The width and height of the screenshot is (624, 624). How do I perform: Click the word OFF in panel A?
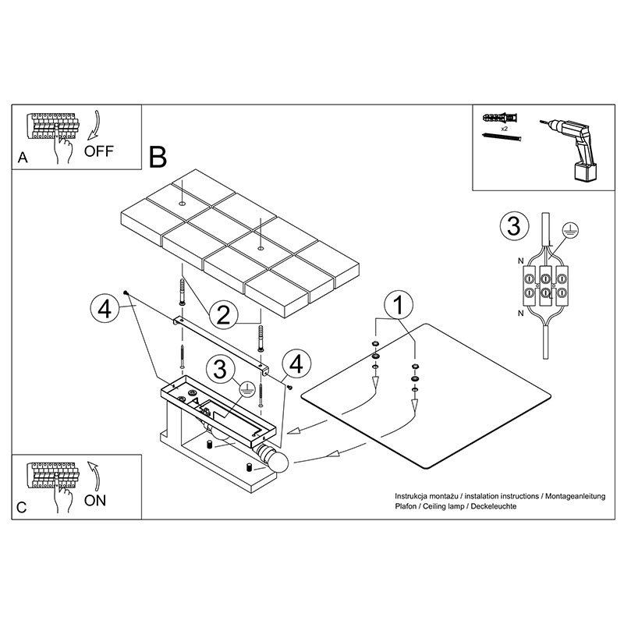99,151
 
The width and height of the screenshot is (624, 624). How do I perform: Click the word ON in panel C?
95,500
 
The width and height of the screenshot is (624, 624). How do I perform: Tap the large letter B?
158,158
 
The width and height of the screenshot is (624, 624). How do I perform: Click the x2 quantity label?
504,129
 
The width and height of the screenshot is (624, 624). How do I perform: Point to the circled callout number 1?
399,305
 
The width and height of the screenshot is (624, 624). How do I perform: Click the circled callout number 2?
223,315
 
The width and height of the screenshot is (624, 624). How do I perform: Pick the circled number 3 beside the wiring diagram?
514,225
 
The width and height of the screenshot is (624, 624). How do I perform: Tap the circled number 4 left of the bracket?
105,309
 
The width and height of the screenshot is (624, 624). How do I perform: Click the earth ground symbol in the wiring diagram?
570,230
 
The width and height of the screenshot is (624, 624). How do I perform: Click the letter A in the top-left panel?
23,158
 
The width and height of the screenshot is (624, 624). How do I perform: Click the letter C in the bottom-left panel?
22,508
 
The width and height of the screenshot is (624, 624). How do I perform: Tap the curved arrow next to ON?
94,477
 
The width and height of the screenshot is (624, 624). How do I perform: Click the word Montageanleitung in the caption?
575,496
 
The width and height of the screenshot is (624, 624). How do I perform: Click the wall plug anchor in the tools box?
500,118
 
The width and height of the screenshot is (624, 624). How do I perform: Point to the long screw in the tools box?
501,137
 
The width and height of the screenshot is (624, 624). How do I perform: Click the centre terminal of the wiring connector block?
545,285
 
